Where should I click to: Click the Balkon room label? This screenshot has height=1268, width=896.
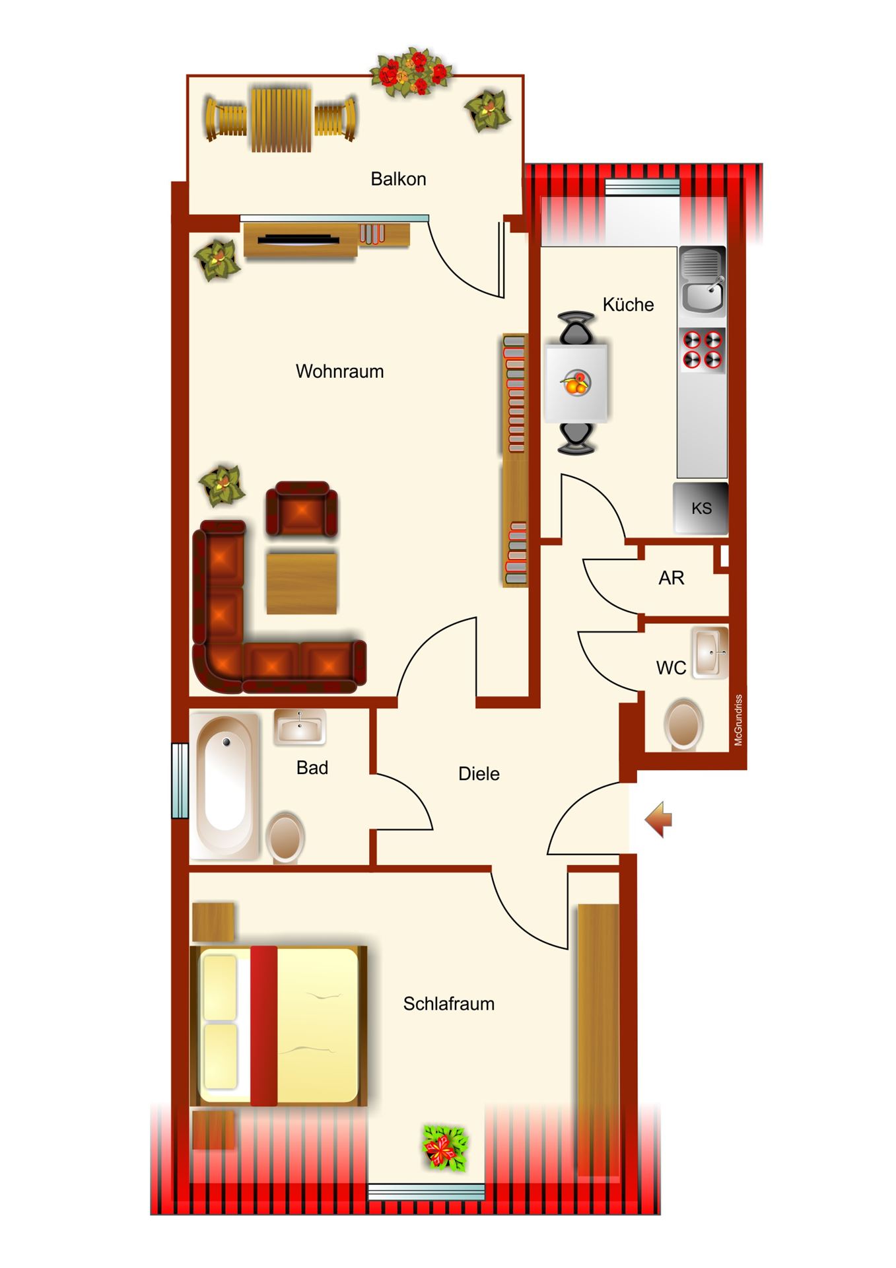click(x=398, y=179)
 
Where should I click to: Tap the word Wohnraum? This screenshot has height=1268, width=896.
click(x=339, y=371)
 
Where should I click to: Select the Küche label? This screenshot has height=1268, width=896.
click(x=628, y=304)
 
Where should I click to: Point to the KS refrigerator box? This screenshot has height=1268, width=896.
click(x=701, y=508)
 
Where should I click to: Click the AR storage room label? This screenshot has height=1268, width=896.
click(x=671, y=578)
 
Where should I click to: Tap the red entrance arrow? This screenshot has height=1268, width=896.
click(x=658, y=820)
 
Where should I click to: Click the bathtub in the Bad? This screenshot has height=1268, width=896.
click(x=224, y=787)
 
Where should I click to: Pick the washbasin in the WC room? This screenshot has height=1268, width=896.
click(x=710, y=652)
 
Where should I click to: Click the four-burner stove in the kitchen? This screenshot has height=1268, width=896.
click(x=702, y=350)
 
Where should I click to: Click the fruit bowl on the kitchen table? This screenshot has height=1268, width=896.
click(x=576, y=382)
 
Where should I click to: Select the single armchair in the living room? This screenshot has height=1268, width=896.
click(x=302, y=509)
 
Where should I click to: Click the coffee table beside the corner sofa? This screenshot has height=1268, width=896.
click(x=302, y=584)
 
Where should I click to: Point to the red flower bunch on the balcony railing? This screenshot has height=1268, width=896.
click(x=411, y=73)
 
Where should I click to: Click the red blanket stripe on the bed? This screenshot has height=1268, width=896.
click(x=263, y=1026)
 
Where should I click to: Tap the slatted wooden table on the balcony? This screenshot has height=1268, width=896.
click(x=281, y=119)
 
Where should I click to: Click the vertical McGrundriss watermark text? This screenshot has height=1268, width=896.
click(x=738, y=720)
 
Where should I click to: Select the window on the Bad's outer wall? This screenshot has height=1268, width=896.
click(x=180, y=781)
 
